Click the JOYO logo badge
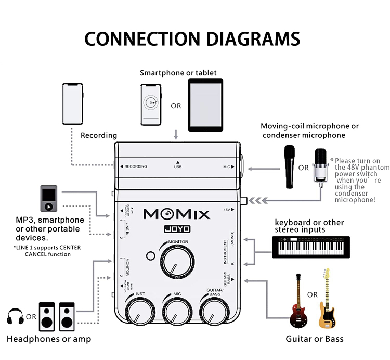click(x=177, y=228)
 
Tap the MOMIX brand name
click(x=177, y=214)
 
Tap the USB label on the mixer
click(x=177, y=167)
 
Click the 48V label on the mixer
click(x=226, y=210)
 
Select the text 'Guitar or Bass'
click(x=315, y=339)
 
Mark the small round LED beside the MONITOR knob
click(x=151, y=256)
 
